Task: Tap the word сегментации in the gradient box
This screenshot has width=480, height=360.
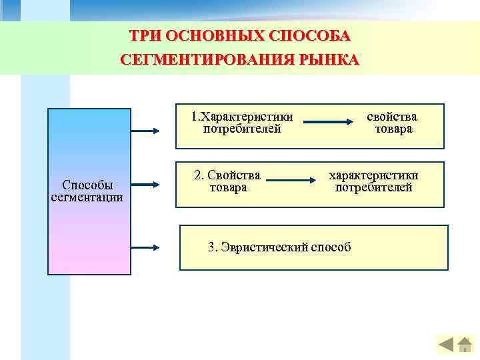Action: [87, 197]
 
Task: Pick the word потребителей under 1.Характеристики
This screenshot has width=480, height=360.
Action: [242, 128]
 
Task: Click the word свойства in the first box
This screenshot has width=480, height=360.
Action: [393, 116]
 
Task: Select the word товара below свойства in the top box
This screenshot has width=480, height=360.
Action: [393, 129]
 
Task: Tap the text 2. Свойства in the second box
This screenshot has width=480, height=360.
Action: [228, 175]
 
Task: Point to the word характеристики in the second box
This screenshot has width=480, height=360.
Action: [373, 175]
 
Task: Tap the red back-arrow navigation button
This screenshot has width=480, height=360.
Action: [446, 345]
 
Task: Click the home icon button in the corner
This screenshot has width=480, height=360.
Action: [465, 345]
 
